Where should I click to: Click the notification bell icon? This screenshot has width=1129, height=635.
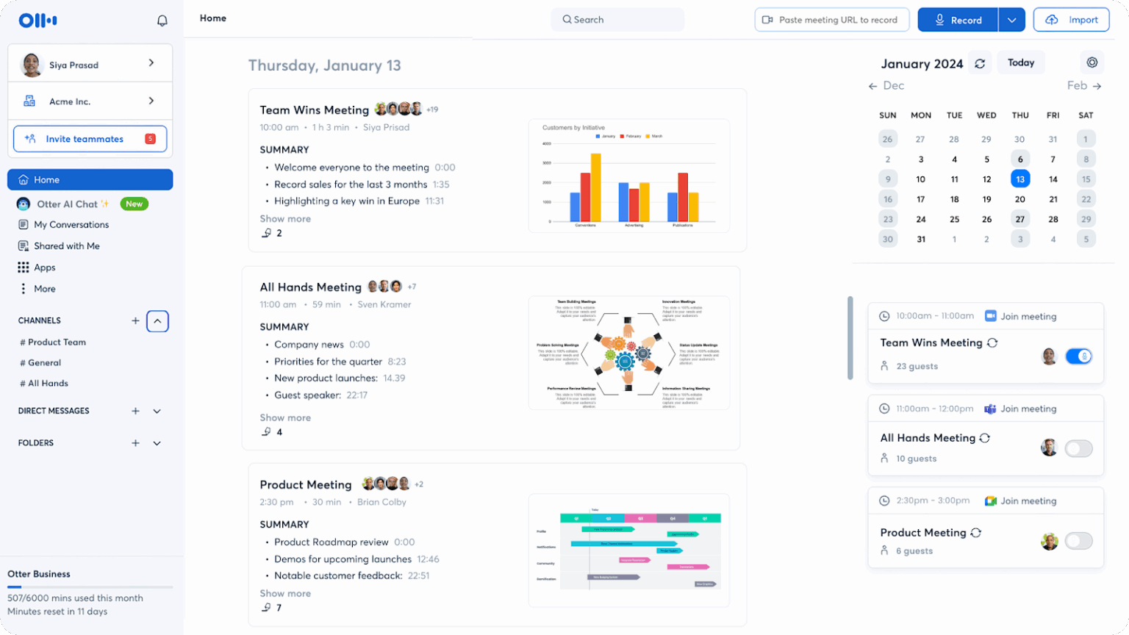(x=162, y=21)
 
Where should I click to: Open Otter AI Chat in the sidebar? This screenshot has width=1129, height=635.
(x=67, y=204)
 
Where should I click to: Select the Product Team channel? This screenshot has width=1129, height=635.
(x=57, y=342)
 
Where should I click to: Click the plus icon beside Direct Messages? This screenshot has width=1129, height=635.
(x=135, y=412)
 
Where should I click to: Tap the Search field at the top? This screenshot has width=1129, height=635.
(x=617, y=20)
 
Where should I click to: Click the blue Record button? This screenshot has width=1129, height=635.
(x=958, y=20)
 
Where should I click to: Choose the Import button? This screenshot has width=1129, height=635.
(x=1071, y=20)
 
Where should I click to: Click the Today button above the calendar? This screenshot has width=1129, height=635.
(x=1021, y=63)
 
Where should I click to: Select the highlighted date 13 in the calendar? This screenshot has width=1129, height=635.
(x=1020, y=179)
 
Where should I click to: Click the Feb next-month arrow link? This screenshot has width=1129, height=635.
(x=1084, y=86)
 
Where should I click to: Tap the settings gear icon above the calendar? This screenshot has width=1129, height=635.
(x=1092, y=63)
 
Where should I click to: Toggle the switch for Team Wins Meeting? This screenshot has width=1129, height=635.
(x=1079, y=356)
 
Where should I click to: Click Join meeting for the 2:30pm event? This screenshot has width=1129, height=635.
(x=1028, y=501)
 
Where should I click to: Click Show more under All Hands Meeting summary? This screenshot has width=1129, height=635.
(x=285, y=418)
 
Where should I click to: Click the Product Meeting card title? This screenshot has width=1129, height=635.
(x=306, y=485)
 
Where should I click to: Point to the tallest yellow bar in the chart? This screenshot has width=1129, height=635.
(x=596, y=187)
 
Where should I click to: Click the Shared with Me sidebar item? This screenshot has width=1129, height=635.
(x=66, y=246)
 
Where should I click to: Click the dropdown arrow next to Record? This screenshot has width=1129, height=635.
(x=1012, y=20)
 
